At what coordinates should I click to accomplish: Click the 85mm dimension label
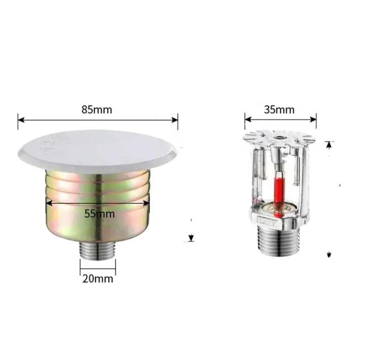point(97,110)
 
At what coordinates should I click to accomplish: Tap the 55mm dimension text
point(99,214)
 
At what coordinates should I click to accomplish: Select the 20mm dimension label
point(98,279)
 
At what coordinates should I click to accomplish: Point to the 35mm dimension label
point(279,110)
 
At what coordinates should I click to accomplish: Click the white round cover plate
point(97,152)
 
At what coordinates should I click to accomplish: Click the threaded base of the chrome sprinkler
point(279,240)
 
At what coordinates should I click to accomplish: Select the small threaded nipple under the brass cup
point(98,251)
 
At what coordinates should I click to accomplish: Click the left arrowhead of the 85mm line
point(21,120)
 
